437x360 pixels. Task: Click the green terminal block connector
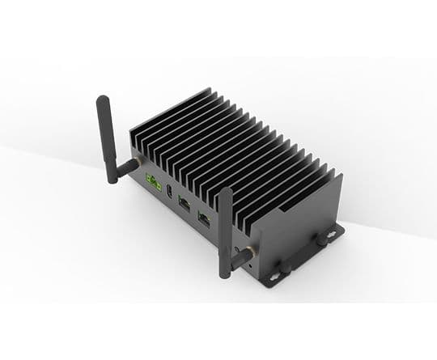coord(151,182)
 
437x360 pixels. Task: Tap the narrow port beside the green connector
coord(168,192)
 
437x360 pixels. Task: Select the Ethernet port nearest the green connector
coord(185,203)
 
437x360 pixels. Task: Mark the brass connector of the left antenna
coord(134,164)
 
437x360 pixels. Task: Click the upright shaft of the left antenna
coord(106,133)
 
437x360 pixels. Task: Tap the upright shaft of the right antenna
coord(226,227)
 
